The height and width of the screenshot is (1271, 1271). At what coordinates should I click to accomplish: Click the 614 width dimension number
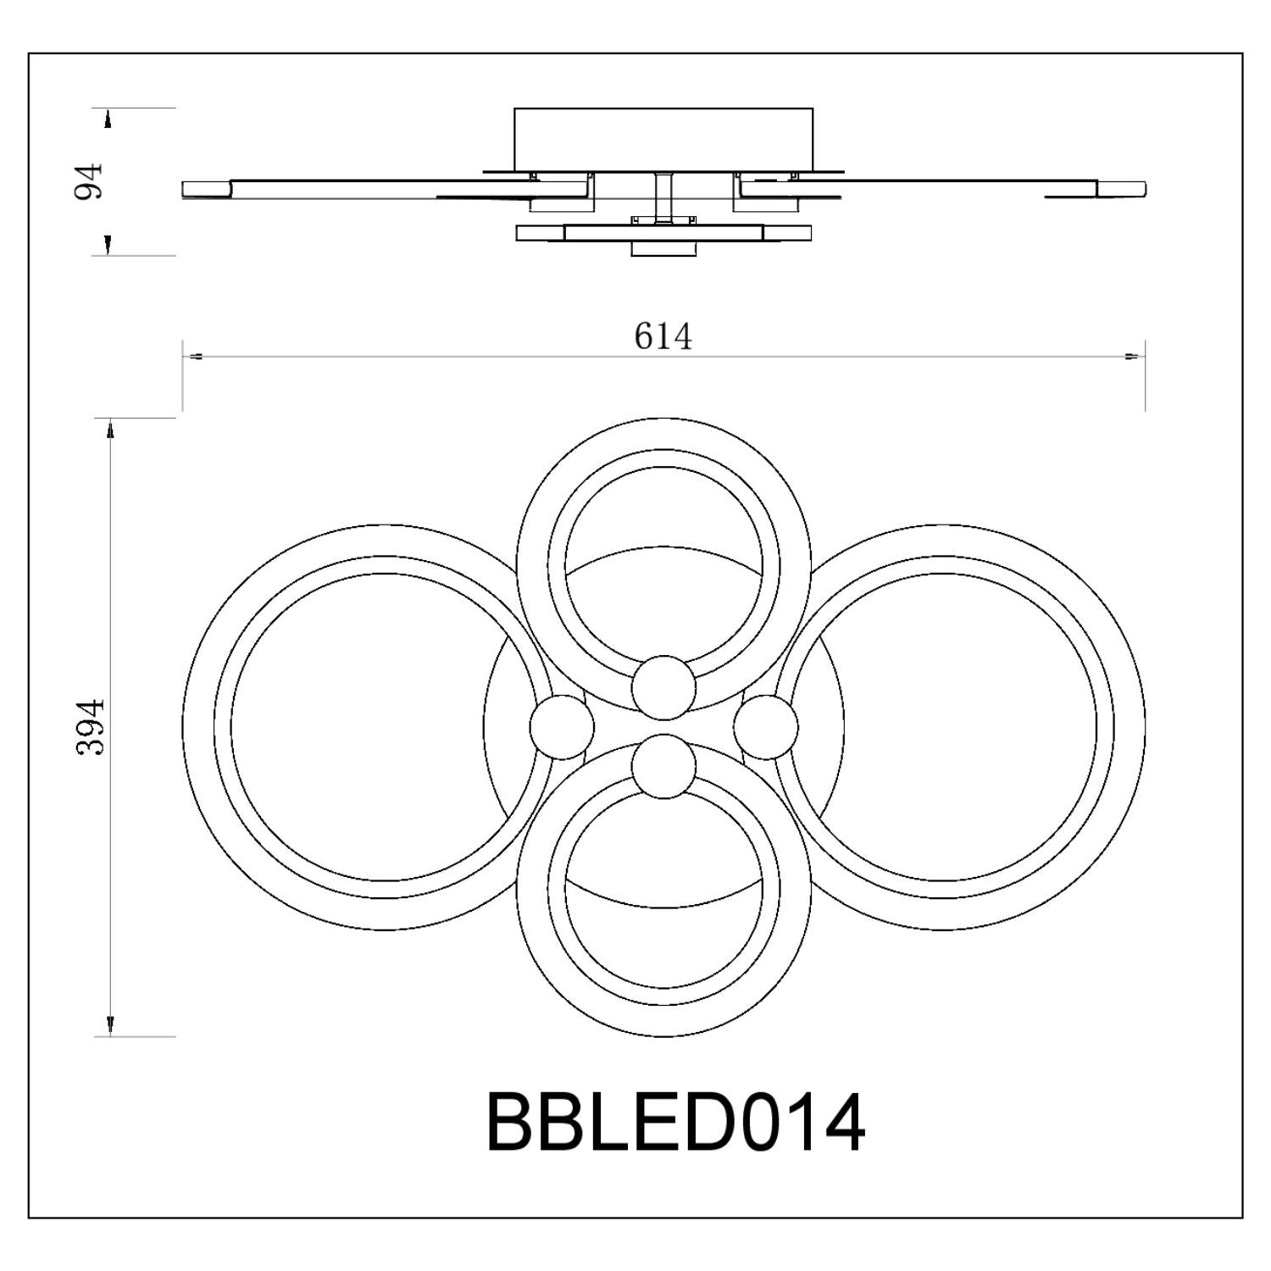pyautogui.click(x=663, y=336)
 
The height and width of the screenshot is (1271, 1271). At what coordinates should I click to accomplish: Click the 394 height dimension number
pyautogui.click(x=90, y=727)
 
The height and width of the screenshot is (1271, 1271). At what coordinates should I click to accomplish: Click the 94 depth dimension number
pyautogui.click(x=88, y=181)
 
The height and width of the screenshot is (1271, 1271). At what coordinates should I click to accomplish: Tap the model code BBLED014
pyautogui.click(x=675, y=1122)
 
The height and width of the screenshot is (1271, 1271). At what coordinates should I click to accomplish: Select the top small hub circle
pyautogui.click(x=664, y=687)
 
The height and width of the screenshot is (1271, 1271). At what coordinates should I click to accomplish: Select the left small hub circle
pyautogui.click(x=562, y=727)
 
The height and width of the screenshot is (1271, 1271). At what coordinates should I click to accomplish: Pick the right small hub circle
pyautogui.click(x=766, y=727)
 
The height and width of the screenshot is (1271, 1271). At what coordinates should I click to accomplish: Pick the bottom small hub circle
pyautogui.click(x=664, y=767)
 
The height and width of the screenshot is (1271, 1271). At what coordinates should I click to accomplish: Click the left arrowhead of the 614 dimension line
pyautogui.click(x=192, y=357)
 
